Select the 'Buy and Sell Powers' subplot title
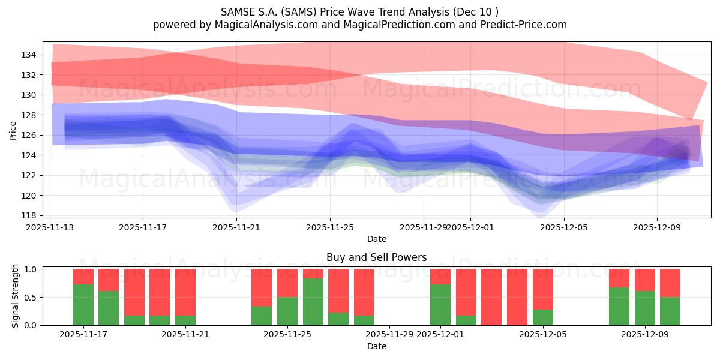376,257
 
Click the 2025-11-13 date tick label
50,227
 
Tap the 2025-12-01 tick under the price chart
470,227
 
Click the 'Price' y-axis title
13,130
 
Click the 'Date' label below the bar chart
376,346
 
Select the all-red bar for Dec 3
491,297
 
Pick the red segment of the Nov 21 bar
185,292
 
